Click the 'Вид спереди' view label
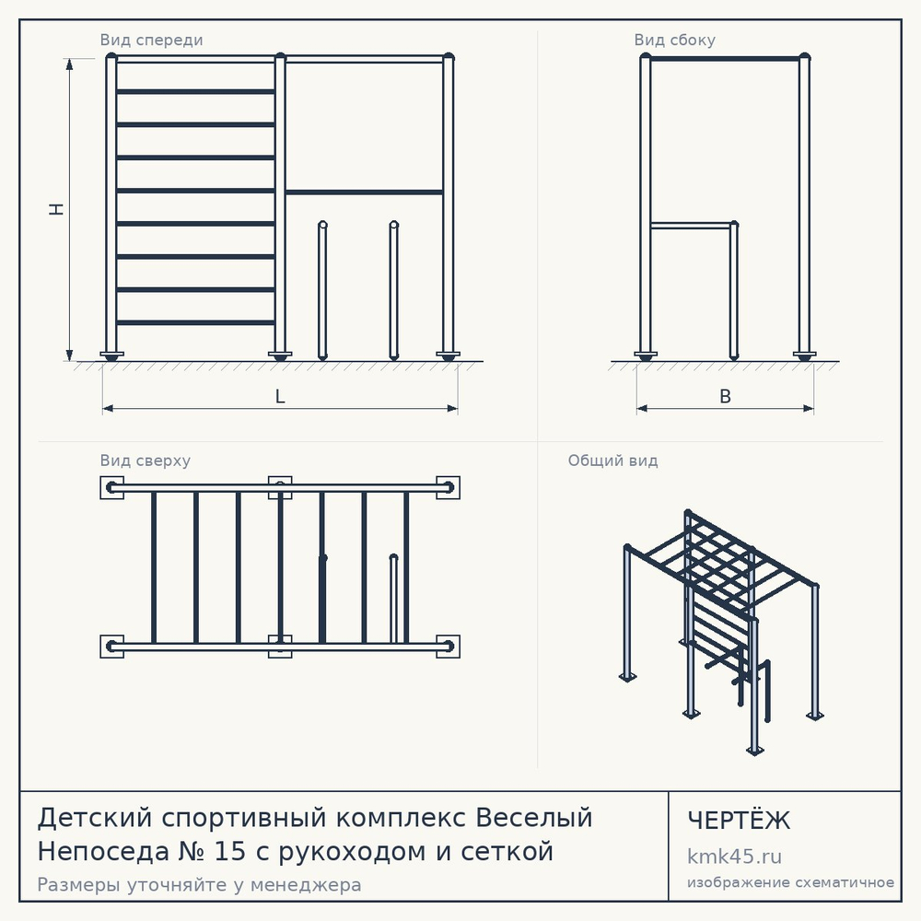coord(151,40)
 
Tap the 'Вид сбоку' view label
coord(674,40)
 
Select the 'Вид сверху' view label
coord(146,460)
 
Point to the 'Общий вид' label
coord(612,460)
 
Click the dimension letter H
coord(56,209)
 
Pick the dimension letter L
coord(280,396)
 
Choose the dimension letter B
coord(726,396)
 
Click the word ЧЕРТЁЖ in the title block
coord(739,821)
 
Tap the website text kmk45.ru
coord(734,857)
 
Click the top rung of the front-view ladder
coord(195,91)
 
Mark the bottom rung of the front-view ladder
coord(195,322)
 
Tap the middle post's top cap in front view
coord(280,57)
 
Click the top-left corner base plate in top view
coord(111,487)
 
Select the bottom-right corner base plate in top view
coord(449,647)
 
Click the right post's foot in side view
coord(804,356)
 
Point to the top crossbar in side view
coord(725,59)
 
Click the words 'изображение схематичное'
coord(790,882)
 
